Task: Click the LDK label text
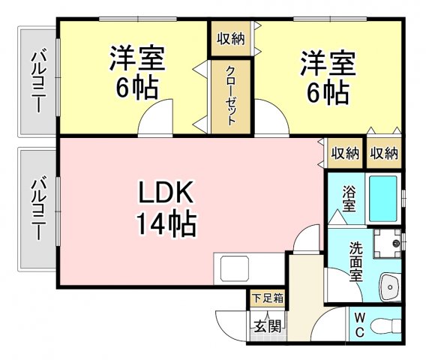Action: point(166,192)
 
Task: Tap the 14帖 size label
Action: point(166,224)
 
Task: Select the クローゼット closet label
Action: point(231,96)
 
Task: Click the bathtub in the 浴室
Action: point(383,199)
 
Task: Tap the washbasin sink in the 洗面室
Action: point(391,287)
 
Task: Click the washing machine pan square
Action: point(387,244)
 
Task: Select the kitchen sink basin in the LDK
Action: point(235,268)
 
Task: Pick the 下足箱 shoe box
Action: point(268,298)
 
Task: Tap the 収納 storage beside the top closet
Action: point(231,39)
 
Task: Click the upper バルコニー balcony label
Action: point(38,80)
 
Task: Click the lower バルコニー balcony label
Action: point(38,209)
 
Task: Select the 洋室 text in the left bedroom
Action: point(137,58)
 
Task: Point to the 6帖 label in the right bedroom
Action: point(328,91)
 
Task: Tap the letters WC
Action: point(360,325)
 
